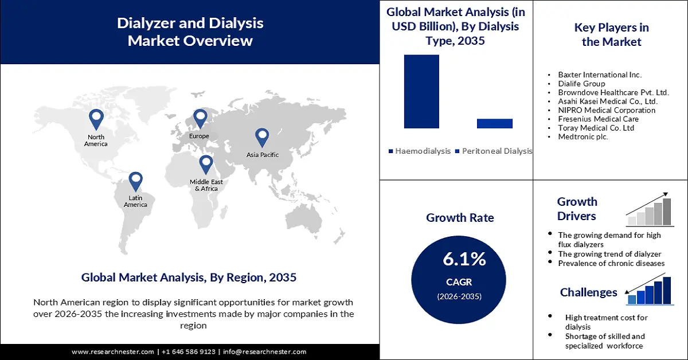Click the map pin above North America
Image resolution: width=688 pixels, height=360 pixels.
[x=96, y=119]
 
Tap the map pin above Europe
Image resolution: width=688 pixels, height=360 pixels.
[x=200, y=118]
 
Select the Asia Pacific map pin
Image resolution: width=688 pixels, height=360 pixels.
[x=262, y=137]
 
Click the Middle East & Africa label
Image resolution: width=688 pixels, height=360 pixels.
[x=206, y=185]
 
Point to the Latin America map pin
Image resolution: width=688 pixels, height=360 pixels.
[x=135, y=181]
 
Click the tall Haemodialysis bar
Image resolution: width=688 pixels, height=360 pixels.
[x=421, y=92]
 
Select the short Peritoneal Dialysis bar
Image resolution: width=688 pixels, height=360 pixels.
[x=494, y=123]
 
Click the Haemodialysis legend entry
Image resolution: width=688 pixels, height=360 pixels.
[x=419, y=151]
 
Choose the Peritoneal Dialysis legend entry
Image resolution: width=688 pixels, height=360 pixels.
[x=494, y=151]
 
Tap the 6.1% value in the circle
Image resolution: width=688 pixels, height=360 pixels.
[x=464, y=259]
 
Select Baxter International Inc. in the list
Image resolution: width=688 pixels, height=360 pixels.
[x=600, y=75]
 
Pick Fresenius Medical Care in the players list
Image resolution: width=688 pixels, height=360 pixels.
[x=598, y=119]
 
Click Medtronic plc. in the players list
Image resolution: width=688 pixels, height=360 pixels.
[x=583, y=136]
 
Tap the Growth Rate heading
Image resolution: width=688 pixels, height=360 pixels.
[x=460, y=218]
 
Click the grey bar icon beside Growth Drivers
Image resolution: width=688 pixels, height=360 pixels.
[x=650, y=210]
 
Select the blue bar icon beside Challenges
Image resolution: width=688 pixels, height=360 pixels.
[x=650, y=290]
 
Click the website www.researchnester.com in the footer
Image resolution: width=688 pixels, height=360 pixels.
[x=112, y=351]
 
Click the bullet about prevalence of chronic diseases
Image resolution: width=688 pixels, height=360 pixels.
[x=611, y=263]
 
